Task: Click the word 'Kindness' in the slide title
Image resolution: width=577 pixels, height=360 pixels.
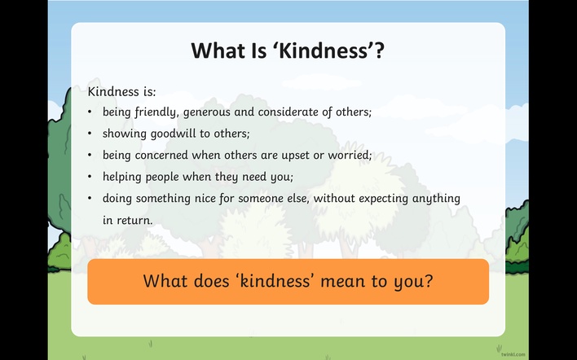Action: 324,50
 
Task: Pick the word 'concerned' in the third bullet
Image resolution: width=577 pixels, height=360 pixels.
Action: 161,155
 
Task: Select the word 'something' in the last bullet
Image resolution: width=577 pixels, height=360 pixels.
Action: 163,199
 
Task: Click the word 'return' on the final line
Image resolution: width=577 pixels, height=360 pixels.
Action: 134,220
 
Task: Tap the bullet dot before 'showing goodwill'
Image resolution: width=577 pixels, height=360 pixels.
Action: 90,133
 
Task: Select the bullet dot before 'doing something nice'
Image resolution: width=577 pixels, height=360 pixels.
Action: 90,199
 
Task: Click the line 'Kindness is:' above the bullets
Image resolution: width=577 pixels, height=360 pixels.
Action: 121,91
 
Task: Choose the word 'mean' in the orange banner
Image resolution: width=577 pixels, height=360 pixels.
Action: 342,281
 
